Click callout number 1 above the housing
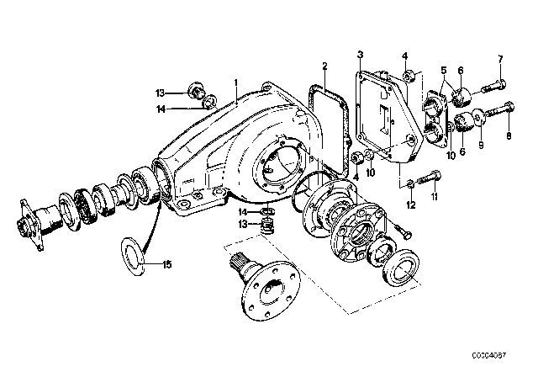click(x=235, y=82)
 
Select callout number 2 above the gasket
click(x=324, y=66)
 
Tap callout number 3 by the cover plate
click(x=360, y=55)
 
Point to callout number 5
click(x=444, y=71)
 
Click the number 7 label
click(x=500, y=59)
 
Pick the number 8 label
click(x=509, y=135)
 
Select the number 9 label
click(x=481, y=146)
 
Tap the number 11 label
click(x=435, y=197)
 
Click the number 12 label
click(x=411, y=205)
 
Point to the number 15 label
click(x=167, y=265)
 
